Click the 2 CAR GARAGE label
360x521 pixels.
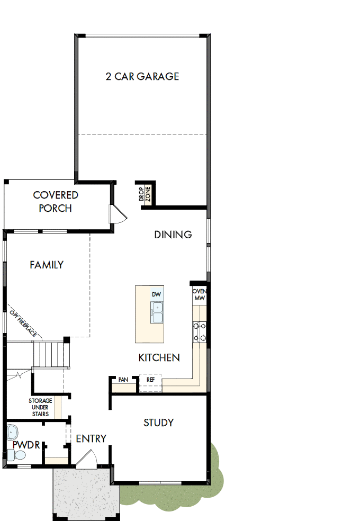(142, 76)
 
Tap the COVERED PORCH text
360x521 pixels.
(56, 202)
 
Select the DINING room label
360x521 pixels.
(173, 235)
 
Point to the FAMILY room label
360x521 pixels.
(47, 265)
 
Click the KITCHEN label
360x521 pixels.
(159, 358)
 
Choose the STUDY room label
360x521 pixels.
(159, 423)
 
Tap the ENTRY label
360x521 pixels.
(91, 439)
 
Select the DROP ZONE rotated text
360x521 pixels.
(145, 195)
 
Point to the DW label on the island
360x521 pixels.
(156, 294)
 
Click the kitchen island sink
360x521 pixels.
(157, 312)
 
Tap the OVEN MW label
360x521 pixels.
(199, 295)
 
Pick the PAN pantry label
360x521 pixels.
(123, 380)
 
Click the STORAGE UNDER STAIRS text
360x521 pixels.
(40, 407)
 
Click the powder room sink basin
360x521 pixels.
(13, 433)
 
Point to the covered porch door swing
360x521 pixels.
(116, 214)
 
